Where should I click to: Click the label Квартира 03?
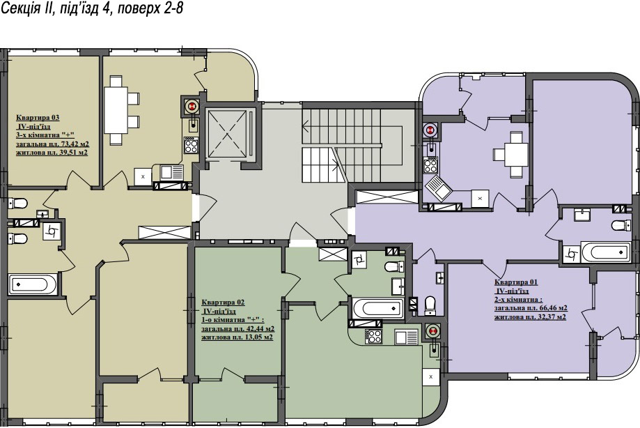[x=38, y=118]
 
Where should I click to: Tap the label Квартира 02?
[x=223, y=303]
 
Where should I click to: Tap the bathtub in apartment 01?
[x=606, y=252]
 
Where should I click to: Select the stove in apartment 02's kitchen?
[x=373, y=337]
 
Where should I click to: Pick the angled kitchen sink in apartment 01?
[x=437, y=189]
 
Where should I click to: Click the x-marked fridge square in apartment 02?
[x=430, y=376]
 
